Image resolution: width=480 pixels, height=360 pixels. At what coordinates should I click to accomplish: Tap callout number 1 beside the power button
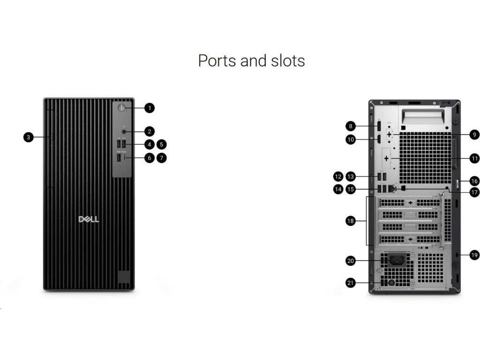coord(150,108)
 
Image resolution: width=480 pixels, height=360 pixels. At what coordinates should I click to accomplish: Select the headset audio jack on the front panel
coord(124,132)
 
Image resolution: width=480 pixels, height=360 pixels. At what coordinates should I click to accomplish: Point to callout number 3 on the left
coord(29,137)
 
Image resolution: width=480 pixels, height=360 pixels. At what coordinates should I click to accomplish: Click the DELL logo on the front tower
coord(89,219)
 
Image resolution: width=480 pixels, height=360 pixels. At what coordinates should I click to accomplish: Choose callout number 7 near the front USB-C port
coord(161,158)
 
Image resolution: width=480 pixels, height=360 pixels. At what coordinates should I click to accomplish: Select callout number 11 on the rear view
coord(474,158)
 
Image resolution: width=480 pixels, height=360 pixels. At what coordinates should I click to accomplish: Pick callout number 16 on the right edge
coord(474,180)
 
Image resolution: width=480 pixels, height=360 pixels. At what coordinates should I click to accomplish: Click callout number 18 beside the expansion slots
coord(350,221)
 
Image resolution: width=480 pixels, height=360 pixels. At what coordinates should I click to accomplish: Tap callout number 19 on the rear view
coord(474,255)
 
